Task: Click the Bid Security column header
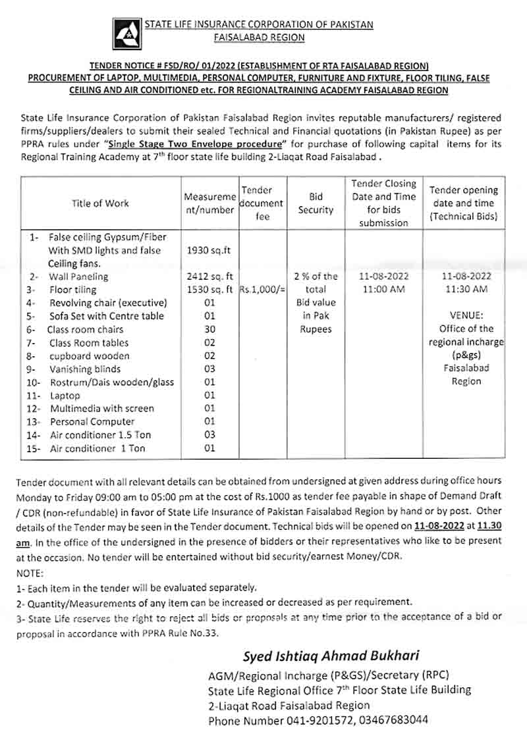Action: click(x=316, y=203)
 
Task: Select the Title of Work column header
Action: click(x=101, y=203)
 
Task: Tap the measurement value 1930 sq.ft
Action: click(x=209, y=250)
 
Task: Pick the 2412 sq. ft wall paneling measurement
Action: click(x=210, y=276)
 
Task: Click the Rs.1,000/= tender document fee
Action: click(x=262, y=290)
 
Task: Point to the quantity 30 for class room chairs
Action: click(x=210, y=329)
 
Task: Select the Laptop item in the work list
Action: click(x=65, y=396)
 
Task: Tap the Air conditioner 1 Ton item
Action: click(x=97, y=448)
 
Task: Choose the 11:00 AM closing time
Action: click(x=387, y=290)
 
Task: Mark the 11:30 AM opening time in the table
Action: click(x=466, y=290)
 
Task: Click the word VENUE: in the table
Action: click(x=466, y=315)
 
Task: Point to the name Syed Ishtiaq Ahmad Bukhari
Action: click(x=331, y=656)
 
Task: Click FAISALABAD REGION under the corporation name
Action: click(x=260, y=38)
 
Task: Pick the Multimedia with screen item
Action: click(x=101, y=409)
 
